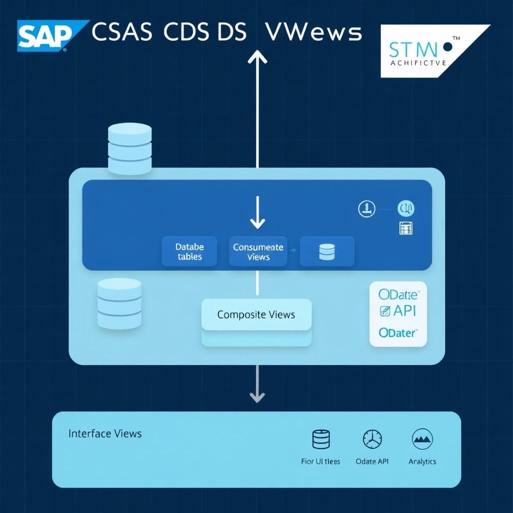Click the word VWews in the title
313,33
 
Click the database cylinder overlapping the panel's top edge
130,149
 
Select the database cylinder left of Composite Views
119,304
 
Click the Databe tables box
189,251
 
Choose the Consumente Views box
258,251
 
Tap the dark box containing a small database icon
327,251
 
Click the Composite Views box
256,315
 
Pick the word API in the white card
404,310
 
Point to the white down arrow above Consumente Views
257,213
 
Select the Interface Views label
105,433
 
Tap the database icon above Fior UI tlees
321,439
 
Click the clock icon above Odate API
372,439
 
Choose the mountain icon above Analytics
422,439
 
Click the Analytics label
422,461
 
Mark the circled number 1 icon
367,208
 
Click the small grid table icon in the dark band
405,228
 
